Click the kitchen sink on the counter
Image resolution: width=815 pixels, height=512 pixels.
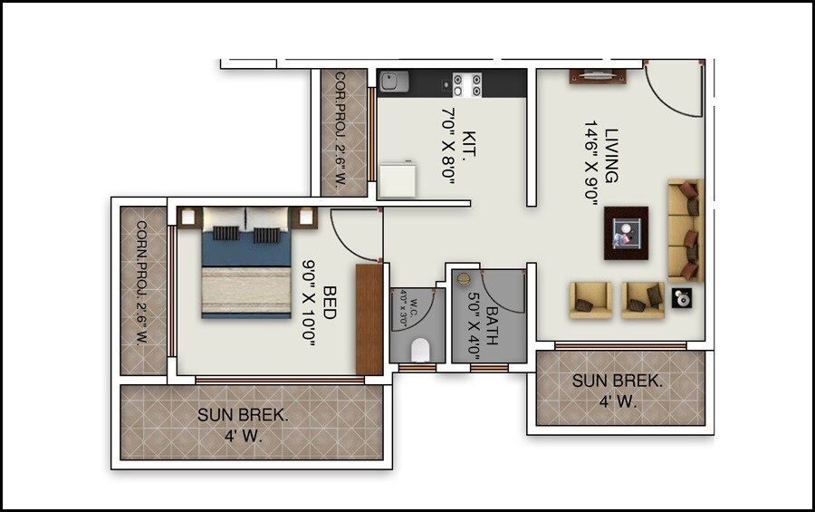tap(392, 82)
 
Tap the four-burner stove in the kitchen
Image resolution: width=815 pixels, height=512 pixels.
tap(466, 84)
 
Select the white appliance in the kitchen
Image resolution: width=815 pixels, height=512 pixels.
tap(397, 179)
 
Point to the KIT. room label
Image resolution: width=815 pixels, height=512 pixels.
tap(468, 145)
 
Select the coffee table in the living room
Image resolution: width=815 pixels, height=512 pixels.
tap(626, 233)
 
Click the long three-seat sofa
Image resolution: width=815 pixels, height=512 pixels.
tap(686, 229)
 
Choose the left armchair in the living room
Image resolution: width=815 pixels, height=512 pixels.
tap(590, 300)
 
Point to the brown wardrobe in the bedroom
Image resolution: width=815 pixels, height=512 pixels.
tap(369, 319)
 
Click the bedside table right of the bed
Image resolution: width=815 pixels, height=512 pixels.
tap(306, 217)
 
